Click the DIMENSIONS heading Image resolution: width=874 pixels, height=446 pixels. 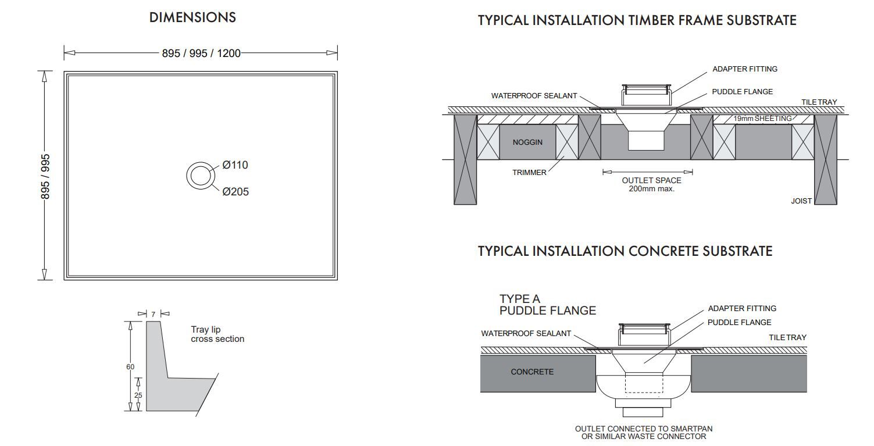click(x=192, y=17)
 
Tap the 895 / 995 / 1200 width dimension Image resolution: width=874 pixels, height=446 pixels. click(x=201, y=53)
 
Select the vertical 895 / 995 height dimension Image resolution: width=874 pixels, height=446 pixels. click(x=45, y=177)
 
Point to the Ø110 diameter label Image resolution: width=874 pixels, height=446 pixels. click(x=235, y=165)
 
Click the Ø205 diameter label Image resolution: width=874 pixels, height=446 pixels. click(x=236, y=191)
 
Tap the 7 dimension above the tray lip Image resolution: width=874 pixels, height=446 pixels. click(x=154, y=314)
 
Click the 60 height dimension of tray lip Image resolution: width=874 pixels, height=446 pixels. click(x=130, y=367)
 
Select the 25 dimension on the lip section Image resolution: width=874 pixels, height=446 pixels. click(x=138, y=395)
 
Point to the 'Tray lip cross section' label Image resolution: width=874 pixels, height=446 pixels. click(x=217, y=334)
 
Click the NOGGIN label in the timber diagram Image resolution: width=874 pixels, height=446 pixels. click(x=527, y=142)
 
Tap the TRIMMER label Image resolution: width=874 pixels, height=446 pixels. click(x=529, y=173)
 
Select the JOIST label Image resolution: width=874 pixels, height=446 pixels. click(x=801, y=201)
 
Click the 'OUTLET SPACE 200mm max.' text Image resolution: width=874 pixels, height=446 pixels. click(x=652, y=184)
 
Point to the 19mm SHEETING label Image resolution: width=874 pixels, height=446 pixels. click(x=762, y=119)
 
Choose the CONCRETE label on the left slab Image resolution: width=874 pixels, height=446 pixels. click(x=532, y=372)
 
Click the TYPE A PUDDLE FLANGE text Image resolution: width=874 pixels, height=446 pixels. click(x=548, y=305)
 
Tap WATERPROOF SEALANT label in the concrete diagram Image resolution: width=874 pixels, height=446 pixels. click(x=526, y=334)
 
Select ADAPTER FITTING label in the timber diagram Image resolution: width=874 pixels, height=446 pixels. click(x=745, y=69)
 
